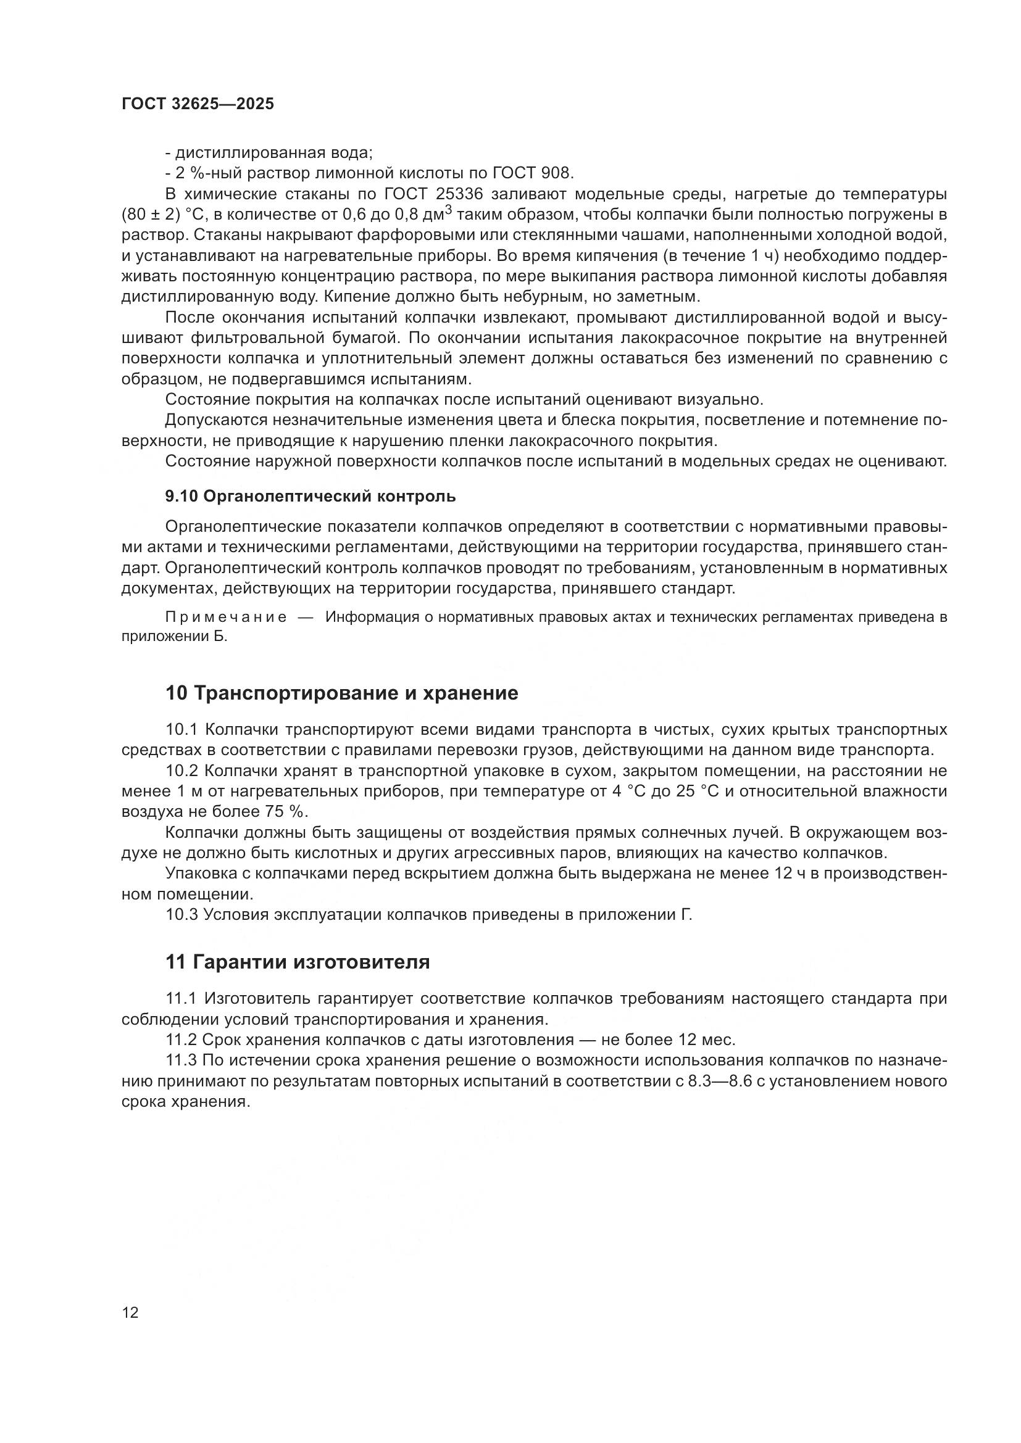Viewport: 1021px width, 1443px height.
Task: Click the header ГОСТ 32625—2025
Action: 198,104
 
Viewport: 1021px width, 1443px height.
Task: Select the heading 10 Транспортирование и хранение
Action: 342,693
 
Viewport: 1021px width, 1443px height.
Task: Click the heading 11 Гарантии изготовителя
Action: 298,962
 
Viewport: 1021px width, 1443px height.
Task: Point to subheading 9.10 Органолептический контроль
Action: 310,497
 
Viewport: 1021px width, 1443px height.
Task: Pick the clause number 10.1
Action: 181,730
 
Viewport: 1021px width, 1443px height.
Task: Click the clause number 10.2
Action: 181,771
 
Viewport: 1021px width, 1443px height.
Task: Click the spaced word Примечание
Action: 227,617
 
